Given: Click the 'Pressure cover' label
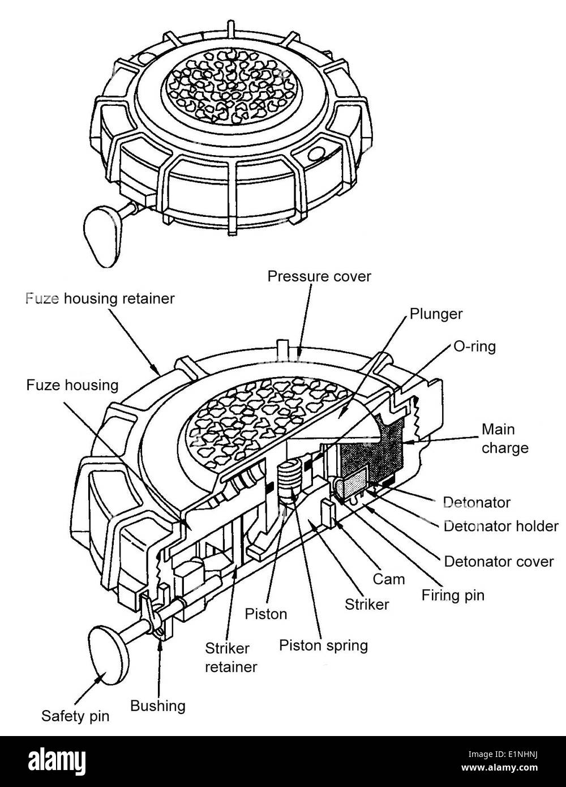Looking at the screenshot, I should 319,276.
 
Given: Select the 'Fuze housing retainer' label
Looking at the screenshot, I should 100,298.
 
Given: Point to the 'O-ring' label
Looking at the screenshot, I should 474,347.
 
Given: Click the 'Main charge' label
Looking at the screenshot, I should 504,438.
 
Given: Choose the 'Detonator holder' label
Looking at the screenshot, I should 500,526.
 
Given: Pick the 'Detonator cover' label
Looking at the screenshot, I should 498,562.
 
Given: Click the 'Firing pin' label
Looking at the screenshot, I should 453,595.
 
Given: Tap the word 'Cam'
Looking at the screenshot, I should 389,579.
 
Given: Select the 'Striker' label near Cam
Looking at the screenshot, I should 367,604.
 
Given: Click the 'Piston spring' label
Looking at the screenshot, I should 324,645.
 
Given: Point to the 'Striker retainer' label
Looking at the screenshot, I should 230,657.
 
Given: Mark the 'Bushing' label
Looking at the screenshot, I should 157,705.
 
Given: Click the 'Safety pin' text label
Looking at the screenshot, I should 75,716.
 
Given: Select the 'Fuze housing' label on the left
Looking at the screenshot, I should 72,386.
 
